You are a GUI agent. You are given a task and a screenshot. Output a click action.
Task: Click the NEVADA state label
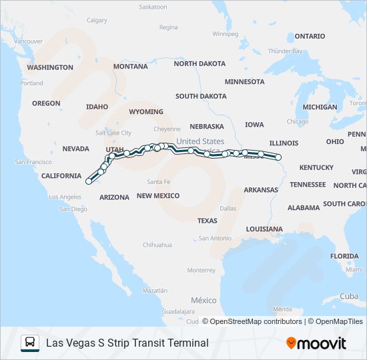click(x=75, y=149)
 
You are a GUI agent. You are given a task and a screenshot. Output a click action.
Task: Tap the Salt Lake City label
click(x=113, y=133)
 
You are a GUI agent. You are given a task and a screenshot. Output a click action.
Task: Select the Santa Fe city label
click(x=159, y=181)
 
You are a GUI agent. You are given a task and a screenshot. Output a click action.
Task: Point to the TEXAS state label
click(x=207, y=220)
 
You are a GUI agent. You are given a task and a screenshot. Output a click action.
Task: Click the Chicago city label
click(x=297, y=121)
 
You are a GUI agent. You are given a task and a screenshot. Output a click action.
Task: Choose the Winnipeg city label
click(x=225, y=33)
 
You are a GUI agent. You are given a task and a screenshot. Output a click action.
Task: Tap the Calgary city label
click(x=97, y=20)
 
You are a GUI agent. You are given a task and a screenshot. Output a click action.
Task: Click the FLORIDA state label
click(x=344, y=256)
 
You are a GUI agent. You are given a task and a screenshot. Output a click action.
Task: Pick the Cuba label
click(x=349, y=296)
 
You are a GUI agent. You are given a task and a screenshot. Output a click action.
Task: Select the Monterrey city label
click(x=201, y=270)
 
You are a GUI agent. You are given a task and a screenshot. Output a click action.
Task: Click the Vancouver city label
click(x=28, y=41)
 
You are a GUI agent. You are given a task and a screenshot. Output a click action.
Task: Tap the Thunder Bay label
click(x=285, y=51)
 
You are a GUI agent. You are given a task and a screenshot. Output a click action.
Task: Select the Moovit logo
click(x=316, y=343)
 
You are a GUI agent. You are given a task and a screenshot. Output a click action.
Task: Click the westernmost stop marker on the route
click(x=88, y=181)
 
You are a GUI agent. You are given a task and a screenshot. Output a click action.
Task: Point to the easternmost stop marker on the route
click(x=278, y=158)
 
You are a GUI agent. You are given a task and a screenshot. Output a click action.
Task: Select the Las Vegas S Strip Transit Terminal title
click(x=127, y=343)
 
